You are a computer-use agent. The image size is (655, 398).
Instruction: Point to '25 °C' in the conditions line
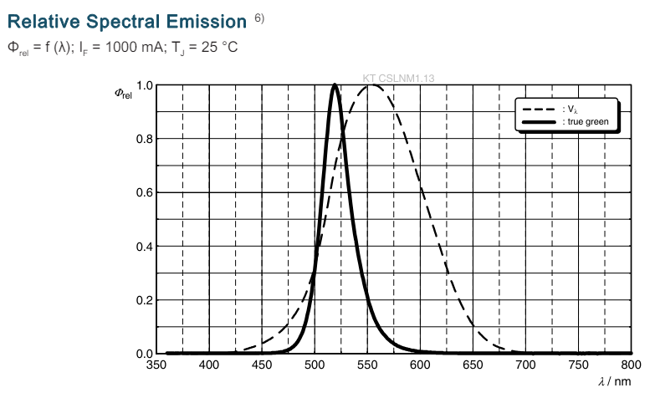pos(220,47)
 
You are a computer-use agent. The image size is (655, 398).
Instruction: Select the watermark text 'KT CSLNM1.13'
pos(398,79)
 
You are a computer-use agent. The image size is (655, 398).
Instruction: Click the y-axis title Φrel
pos(123,92)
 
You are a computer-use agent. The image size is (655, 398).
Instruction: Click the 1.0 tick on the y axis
pos(144,85)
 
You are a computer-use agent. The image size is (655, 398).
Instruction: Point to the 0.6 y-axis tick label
pos(144,192)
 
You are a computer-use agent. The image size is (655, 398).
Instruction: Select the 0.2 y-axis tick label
pos(144,300)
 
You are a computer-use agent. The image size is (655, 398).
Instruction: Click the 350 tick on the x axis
pos(156,365)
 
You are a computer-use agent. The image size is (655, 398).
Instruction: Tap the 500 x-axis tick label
pos(315,365)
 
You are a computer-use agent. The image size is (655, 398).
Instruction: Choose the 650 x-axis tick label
pos(473,365)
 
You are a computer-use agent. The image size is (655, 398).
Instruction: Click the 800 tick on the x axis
pos(632,365)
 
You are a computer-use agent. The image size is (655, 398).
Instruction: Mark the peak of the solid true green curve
pos(335,84)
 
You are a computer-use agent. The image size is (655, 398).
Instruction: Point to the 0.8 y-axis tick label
pos(144,139)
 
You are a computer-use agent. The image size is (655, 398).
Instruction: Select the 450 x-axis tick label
pos(262,365)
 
